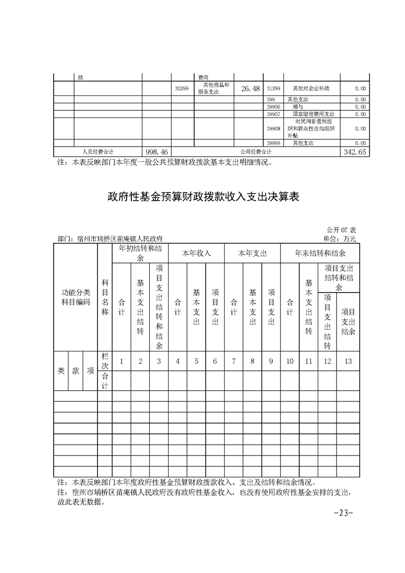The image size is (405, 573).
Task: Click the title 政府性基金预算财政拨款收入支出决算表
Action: coord(203,197)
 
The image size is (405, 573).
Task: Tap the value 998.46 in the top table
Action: coord(156,152)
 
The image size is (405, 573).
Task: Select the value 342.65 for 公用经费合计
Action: coord(354,152)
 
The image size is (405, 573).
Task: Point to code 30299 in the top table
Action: coord(181,89)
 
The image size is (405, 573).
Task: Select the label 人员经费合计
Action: coord(98,152)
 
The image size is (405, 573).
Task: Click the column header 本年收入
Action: coord(197,253)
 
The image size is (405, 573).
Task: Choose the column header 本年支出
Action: coord(252,253)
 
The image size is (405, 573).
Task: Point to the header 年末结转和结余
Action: coord(320,253)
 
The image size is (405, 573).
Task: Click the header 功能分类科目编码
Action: coord(76,297)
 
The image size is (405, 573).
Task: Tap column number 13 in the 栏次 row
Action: coord(348,362)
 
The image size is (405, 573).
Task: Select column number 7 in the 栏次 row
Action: coord(233,362)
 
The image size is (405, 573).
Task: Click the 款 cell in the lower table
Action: coord(76,371)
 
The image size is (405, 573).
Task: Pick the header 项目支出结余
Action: coord(348,322)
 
